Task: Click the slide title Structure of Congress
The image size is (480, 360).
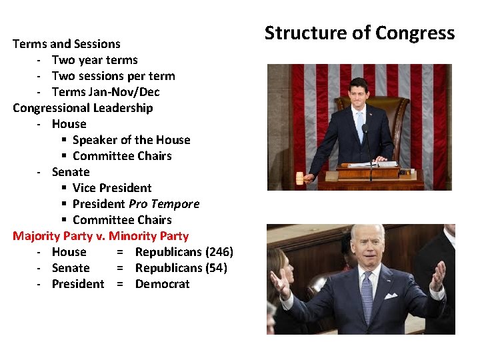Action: (359, 33)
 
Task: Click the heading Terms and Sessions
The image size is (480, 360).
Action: (67, 44)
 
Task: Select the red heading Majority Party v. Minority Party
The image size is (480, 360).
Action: (101, 236)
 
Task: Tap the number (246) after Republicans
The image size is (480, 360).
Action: (219, 252)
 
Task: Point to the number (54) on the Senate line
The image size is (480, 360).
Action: (216, 268)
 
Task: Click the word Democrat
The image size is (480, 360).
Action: (162, 284)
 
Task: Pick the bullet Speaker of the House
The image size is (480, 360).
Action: (131, 140)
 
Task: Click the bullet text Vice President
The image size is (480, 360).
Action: (112, 188)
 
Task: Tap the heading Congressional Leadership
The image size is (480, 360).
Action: (83, 108)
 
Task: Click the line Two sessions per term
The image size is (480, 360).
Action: (113, 76)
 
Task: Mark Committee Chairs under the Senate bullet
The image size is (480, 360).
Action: (122, 220)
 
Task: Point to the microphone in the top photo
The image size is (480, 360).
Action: (365, 130)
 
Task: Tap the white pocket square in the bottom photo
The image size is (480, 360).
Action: (391, 295)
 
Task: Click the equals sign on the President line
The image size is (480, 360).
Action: (120, 284)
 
